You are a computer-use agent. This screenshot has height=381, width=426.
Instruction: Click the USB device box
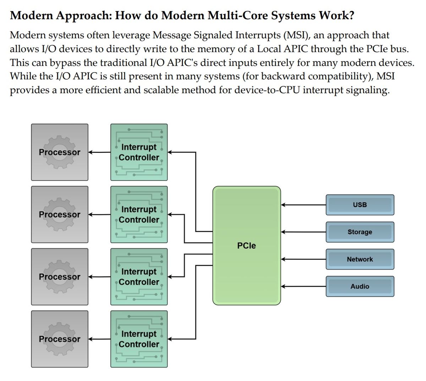coord(360,205)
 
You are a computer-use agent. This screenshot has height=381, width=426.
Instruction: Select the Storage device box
coord(360,232)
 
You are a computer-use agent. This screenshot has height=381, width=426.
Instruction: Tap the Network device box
coord(360,259)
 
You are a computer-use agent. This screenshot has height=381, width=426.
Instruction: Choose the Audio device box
coord(360,286)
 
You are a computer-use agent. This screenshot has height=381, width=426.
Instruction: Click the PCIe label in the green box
coord(246,245)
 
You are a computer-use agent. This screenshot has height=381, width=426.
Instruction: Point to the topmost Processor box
coord(60,152)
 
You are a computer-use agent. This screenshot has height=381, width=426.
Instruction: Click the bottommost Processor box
coord(60,339)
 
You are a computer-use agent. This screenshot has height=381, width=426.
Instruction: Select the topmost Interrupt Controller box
coord(139,152)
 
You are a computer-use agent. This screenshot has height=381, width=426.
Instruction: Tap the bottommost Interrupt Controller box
coord(139,339)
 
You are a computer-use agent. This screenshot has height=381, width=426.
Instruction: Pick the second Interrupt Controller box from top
coord(139,215)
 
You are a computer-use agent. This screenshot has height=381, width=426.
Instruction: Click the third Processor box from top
coord(60,277)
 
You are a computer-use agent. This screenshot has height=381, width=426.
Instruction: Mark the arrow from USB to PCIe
coord(304,205)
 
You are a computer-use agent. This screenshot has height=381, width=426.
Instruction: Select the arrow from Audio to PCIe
coord(304,286)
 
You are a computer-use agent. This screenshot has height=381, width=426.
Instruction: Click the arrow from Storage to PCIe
coord(304,232)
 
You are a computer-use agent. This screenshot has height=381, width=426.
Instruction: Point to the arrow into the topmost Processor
coord(99,152)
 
